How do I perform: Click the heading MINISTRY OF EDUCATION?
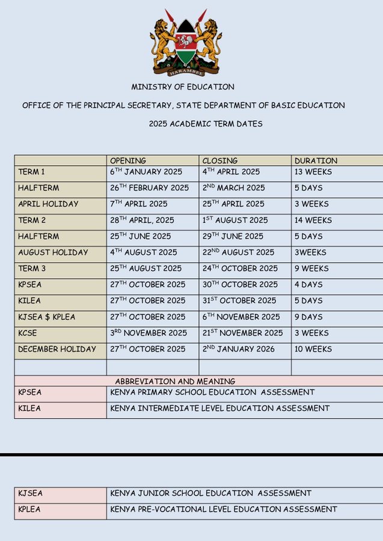pyautogui.click(x=183, y=87)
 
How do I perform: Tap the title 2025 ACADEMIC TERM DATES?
pyautogui.click(x=206, y=124)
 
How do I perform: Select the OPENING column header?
pyautogui.click(x=128, y=160)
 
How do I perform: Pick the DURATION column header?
pyautogui.click(x=316, y=160)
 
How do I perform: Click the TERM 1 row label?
pyautogui.click(x=32, y=172)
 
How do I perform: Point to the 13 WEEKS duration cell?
pyautogui.click(x=313, y=172)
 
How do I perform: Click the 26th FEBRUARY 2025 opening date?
pyautogui.click(x=149, y=188)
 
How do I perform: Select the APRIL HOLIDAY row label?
pyautogui.click(x=48, y=204)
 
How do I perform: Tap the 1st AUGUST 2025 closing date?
pyautogui.click(x=235, y=220)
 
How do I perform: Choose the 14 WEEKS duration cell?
pyautogui.click(x=313, y=220)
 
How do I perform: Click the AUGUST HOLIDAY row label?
pyautogui.click(x=53, y=252)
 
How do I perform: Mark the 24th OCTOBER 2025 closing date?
pyautogui.click(x=240, y=268)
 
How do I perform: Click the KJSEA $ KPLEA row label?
pyautogui.click(x=47, y=317)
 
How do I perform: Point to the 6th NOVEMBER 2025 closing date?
pyautogui.click(x=241, y=317)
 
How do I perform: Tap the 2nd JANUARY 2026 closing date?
pyautogui.click(x=239, y=349)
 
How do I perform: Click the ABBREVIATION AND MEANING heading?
pyautogui.click(x=175, y=381)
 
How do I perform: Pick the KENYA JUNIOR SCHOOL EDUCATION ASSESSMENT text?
pyautogui.click(x=211, y=494)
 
